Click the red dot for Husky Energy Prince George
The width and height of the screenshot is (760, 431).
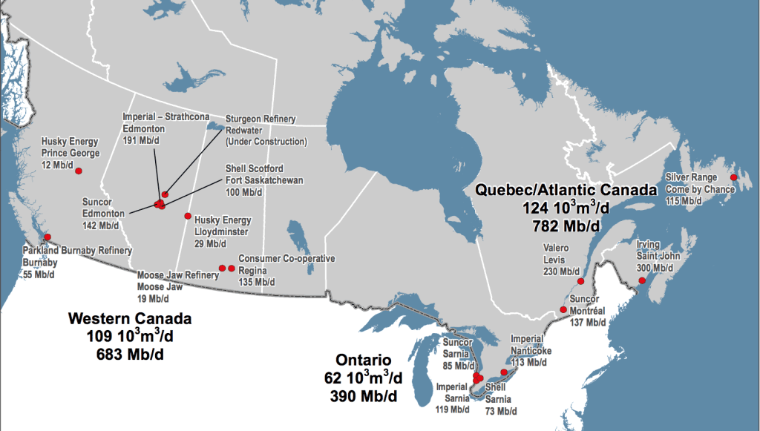79,171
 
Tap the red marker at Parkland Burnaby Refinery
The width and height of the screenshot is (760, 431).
47,237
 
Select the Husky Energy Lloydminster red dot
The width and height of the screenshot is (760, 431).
188,216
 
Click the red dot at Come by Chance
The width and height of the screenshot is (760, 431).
733,178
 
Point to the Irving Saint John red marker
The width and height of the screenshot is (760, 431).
642,280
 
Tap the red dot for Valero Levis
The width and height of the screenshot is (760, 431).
580,281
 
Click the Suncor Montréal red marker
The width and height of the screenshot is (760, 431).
562,313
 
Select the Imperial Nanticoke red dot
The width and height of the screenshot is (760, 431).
505,372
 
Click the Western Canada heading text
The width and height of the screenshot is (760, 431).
130,319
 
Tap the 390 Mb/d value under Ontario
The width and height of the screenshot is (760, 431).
363,396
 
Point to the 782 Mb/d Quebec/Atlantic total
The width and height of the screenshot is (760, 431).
566,223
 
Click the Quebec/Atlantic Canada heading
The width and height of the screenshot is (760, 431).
566,190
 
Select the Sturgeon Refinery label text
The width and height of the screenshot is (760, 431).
261,119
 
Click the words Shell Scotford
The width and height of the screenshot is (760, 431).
254,169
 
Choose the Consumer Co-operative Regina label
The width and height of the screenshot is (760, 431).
286,258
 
